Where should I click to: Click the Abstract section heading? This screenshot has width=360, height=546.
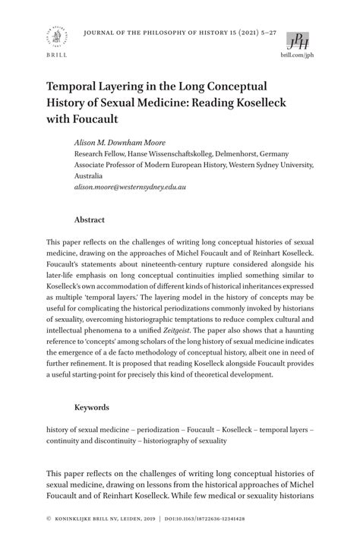(x=89, y=219)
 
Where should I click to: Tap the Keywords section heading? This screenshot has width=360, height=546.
(x=91, y=408)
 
